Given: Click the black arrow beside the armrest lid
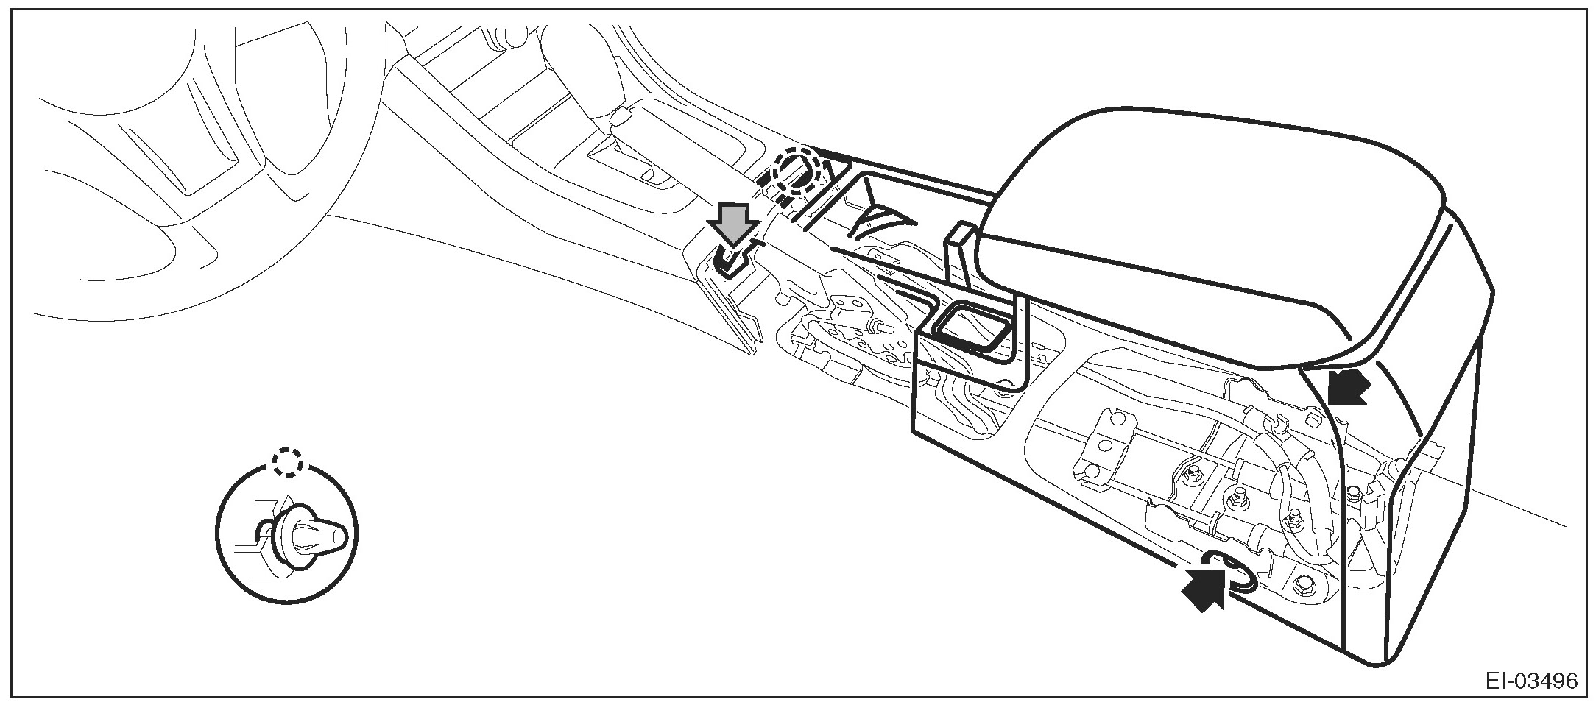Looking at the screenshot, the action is [x=1348, y=386].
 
